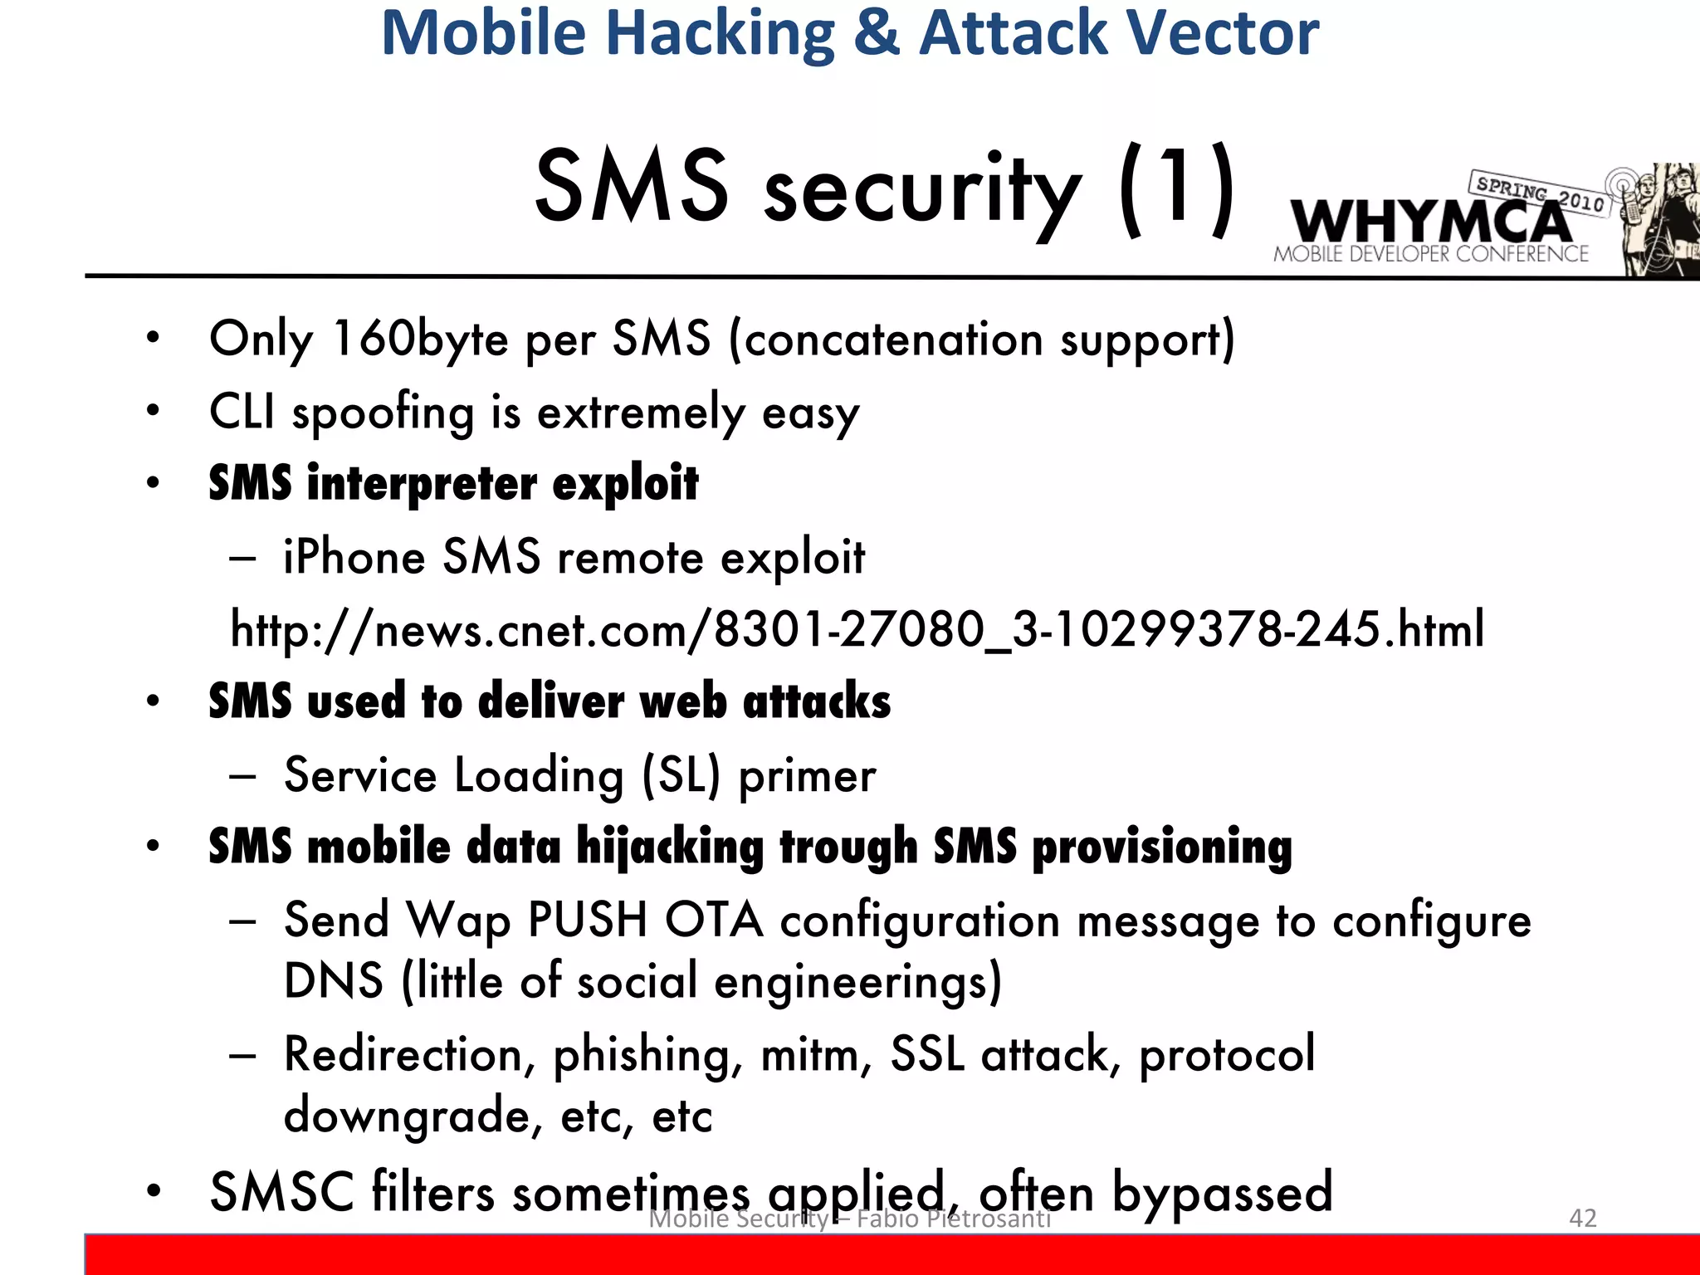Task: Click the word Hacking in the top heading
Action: click(720, 33)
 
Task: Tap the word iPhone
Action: click(354, 557)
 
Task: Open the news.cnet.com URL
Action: click(857, 630)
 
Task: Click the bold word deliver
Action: click(550, 701)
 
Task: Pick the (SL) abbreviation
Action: click(681, 776)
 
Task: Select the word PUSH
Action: click(587, 921)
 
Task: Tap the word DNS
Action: click(334, 982)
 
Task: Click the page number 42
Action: click(1582, 1218)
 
